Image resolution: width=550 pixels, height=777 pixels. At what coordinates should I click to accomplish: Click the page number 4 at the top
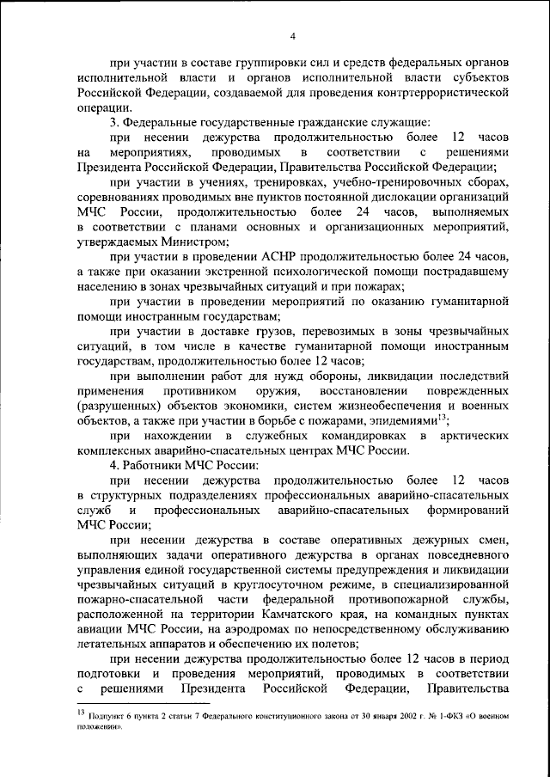[x=292, y=35]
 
